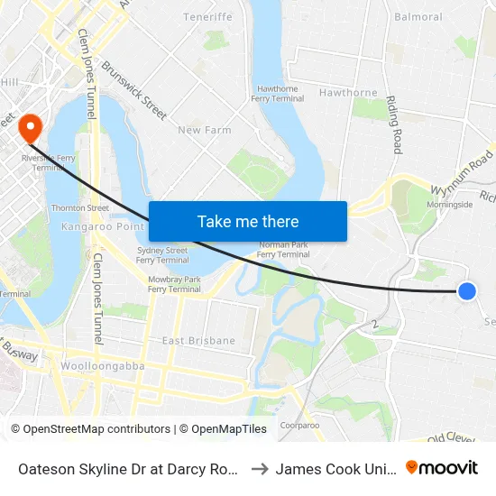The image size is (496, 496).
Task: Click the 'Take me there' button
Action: pos(247,221)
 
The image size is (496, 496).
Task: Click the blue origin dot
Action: pos(466,290)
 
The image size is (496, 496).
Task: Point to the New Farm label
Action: pos(205,130)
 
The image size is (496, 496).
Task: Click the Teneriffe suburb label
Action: pos(207,17)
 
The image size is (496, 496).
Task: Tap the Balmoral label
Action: pos(418,17)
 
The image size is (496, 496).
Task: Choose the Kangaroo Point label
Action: pos(97,226)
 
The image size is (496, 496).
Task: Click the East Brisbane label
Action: pos(198,341)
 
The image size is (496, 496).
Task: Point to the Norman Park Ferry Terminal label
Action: pos(284,250)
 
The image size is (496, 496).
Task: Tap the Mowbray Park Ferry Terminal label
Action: pos(175,284)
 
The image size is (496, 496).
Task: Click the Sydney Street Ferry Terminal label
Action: pos(162,254)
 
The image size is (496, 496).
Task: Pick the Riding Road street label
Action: pos(395,124)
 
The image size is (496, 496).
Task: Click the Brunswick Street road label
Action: pos(134,89)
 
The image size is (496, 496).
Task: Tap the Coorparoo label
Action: pos(300,425)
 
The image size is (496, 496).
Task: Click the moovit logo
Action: pos(442,468)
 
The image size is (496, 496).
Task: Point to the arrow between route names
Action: pos(257,469)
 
